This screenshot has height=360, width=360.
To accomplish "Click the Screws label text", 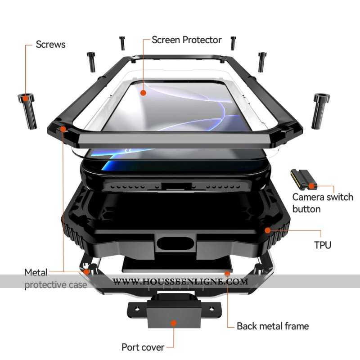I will [x=50, y=44].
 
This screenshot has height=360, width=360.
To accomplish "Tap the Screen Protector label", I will [x=186, y=40].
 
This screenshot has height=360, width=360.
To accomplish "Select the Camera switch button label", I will [x=322, y=203].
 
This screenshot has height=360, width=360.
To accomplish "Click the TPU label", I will [x=322, y=245].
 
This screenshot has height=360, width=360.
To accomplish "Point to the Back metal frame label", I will [x=273, y=326].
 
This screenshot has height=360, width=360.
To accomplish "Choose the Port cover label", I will [x=142, y=347].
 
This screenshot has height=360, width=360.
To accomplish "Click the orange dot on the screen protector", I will [x=143, y=93].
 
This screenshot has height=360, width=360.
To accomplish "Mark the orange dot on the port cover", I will [x=173, y=323].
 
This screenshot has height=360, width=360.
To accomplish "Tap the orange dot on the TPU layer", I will [x=268, y=230].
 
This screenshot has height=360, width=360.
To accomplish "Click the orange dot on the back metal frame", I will [x=227, y=273].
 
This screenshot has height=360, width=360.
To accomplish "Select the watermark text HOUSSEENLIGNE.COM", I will [x=180, y=282].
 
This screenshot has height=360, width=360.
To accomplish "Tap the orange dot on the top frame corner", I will [x=63, y=129].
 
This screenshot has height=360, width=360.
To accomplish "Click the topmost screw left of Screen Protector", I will [x=122, y=43].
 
